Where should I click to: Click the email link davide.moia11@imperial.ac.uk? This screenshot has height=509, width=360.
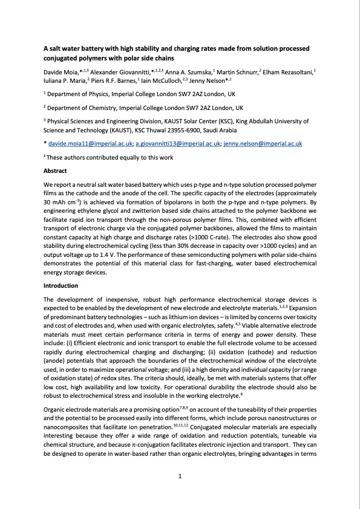(90, 144)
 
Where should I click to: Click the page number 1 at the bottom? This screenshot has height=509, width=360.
(180, 477)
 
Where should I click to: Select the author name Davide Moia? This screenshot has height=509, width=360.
(63, 73)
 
